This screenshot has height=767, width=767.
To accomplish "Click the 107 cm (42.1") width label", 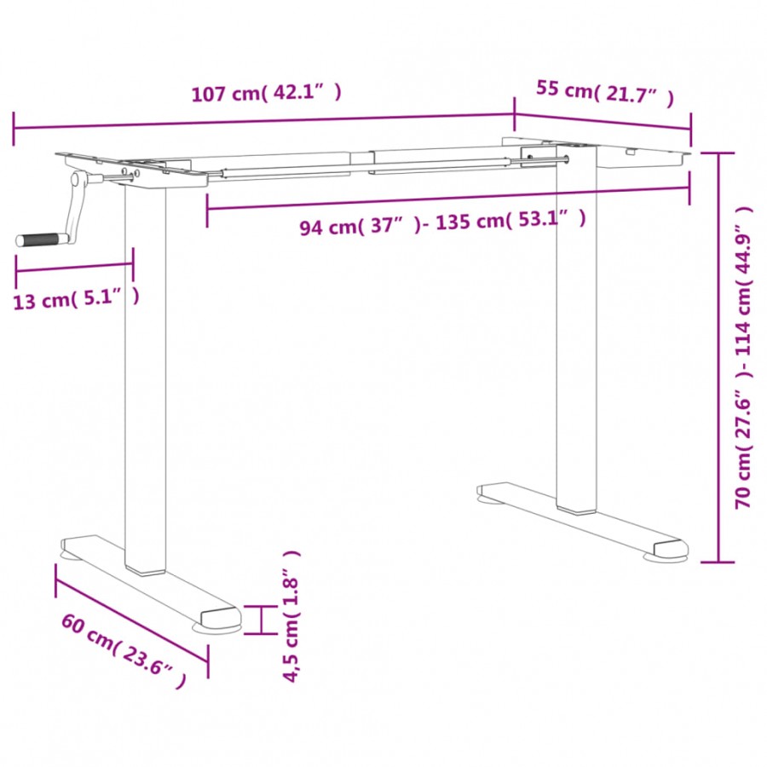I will coord(266,94).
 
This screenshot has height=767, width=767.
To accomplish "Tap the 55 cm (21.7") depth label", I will coord(604,91).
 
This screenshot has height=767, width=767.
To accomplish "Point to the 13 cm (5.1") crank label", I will coord(77,298).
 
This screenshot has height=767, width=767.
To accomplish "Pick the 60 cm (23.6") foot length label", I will coord(123,649).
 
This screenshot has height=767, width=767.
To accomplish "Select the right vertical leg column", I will coord(576,341).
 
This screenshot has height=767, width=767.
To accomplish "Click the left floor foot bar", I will coord(149,579).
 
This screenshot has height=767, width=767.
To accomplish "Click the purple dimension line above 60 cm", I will coord(131,616).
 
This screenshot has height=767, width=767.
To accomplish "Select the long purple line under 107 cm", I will coord(264,122).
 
